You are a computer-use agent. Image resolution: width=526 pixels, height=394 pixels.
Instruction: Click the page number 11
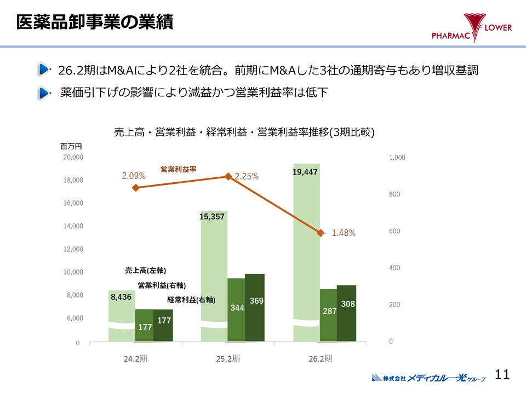(x=502, y=374)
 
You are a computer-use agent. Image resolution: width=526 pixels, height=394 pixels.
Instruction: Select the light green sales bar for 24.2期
(x=122, y=317)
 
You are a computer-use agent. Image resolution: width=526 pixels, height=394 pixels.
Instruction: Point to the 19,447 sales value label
(x=305, y=172)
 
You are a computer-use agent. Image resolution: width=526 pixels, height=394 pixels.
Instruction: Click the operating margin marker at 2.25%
(x=228, y=176)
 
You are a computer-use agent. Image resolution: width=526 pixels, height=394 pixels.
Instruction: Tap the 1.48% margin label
(x=344, y=233)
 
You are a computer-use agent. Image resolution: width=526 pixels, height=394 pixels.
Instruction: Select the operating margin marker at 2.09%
(x=135, y=188)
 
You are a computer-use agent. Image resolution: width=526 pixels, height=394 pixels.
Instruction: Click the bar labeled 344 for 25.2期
(x=236, y=310)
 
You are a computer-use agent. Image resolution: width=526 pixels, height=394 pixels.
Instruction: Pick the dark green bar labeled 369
(x=255, y=308)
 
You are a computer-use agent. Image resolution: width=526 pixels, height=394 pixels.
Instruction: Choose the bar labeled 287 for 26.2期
(x=328, y=315)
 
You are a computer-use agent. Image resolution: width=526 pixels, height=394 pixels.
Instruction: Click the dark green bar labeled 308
(x=346, y=313)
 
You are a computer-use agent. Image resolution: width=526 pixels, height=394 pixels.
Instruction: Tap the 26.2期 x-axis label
(x=321, y=359)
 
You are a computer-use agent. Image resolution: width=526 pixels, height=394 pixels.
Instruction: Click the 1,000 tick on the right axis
(x=397, y=157)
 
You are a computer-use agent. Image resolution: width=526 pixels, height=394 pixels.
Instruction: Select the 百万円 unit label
(x=71, y=146)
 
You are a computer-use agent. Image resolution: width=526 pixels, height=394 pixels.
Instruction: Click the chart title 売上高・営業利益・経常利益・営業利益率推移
(x=244, y=132)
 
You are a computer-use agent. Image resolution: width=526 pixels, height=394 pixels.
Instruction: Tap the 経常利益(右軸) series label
(x=191, y=300)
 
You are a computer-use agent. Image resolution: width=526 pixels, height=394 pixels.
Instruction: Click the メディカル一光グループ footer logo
(x=429, y=378)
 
